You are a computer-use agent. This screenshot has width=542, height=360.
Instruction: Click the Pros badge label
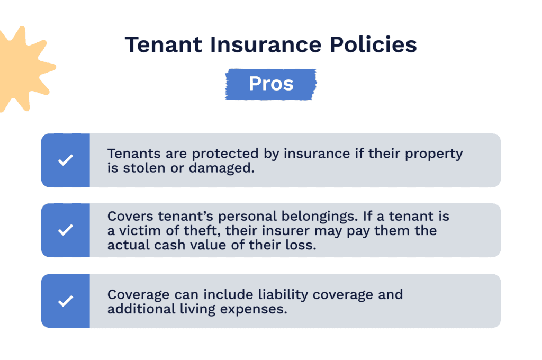tap(271, 84)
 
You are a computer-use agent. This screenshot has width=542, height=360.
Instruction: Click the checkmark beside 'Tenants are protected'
tap(65, 160)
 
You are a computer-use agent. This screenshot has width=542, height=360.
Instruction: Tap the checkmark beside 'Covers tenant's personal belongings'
tap(65, 230)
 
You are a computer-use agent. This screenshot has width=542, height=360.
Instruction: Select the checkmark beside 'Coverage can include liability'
tap(65, 301)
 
